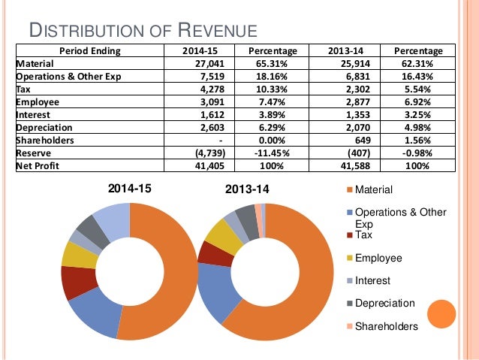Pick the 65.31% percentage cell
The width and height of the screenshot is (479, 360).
point(278,64)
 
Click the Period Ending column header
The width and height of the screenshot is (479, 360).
point(90,51)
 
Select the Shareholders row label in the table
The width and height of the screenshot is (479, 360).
point(45,140)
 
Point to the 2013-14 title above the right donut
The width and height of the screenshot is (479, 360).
point(248,190)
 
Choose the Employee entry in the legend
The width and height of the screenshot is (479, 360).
point(378,258)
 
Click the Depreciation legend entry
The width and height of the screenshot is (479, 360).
point(384,303)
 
